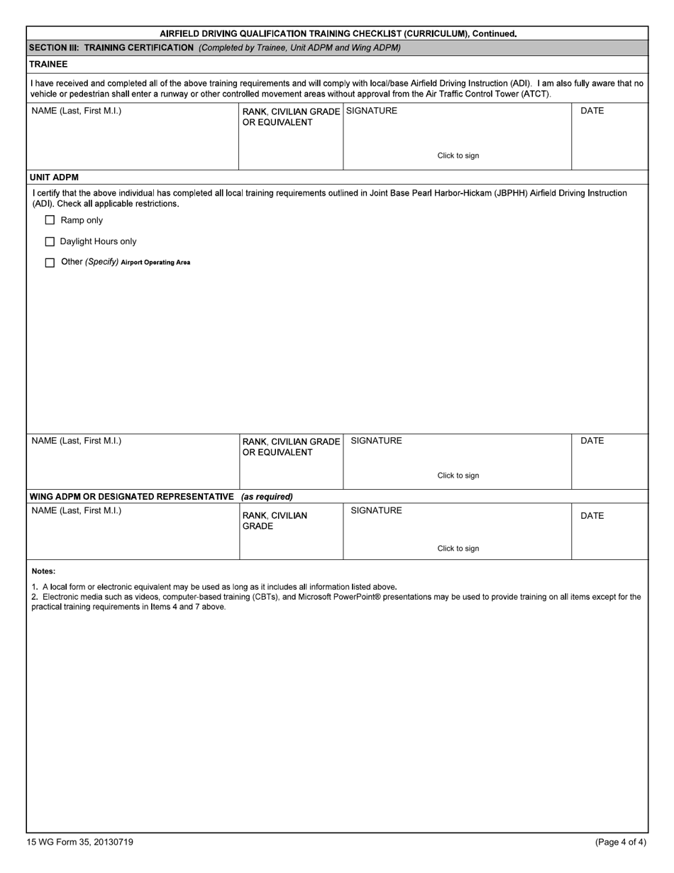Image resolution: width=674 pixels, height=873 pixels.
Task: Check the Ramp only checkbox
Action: pos(50,220)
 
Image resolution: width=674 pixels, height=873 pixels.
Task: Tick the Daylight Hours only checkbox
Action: pos(50,241)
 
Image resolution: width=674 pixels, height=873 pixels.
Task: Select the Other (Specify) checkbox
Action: pos(50,263)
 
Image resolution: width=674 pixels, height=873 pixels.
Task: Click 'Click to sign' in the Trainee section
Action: pos(458,155)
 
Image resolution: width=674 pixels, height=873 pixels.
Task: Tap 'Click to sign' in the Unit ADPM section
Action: pos(458,476)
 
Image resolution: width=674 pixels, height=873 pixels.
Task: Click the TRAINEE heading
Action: pos(48,64)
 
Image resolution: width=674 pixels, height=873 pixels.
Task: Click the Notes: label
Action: pos(43,571)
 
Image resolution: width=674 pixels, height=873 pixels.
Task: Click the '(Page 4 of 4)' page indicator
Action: pos(621,842)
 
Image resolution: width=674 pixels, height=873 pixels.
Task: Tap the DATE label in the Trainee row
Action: pos(592,111)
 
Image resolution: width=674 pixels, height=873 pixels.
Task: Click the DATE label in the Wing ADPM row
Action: pos(592,516)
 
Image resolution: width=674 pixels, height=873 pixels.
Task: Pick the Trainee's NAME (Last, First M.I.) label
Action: pos(76,111)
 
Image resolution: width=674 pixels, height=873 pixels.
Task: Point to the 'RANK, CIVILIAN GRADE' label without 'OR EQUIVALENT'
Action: pos(275,521)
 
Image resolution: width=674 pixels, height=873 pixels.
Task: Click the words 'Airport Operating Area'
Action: pos(155,263)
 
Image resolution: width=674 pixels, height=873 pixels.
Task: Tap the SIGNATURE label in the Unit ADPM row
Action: pos(376,441)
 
